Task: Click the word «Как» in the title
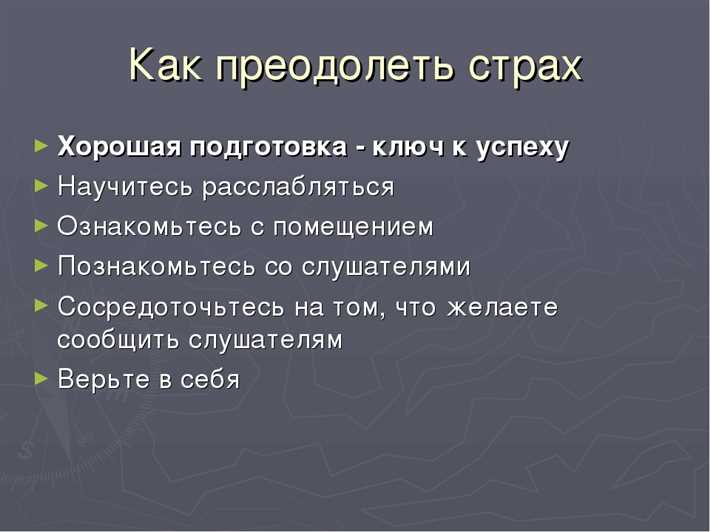point(167,66)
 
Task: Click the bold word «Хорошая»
point(115,147)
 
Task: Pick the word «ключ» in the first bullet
point(405,147)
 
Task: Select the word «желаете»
point(504,307)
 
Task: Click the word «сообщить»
point(113,340)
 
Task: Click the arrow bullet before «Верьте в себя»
point(40,379)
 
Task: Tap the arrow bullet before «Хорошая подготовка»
point(40,146)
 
